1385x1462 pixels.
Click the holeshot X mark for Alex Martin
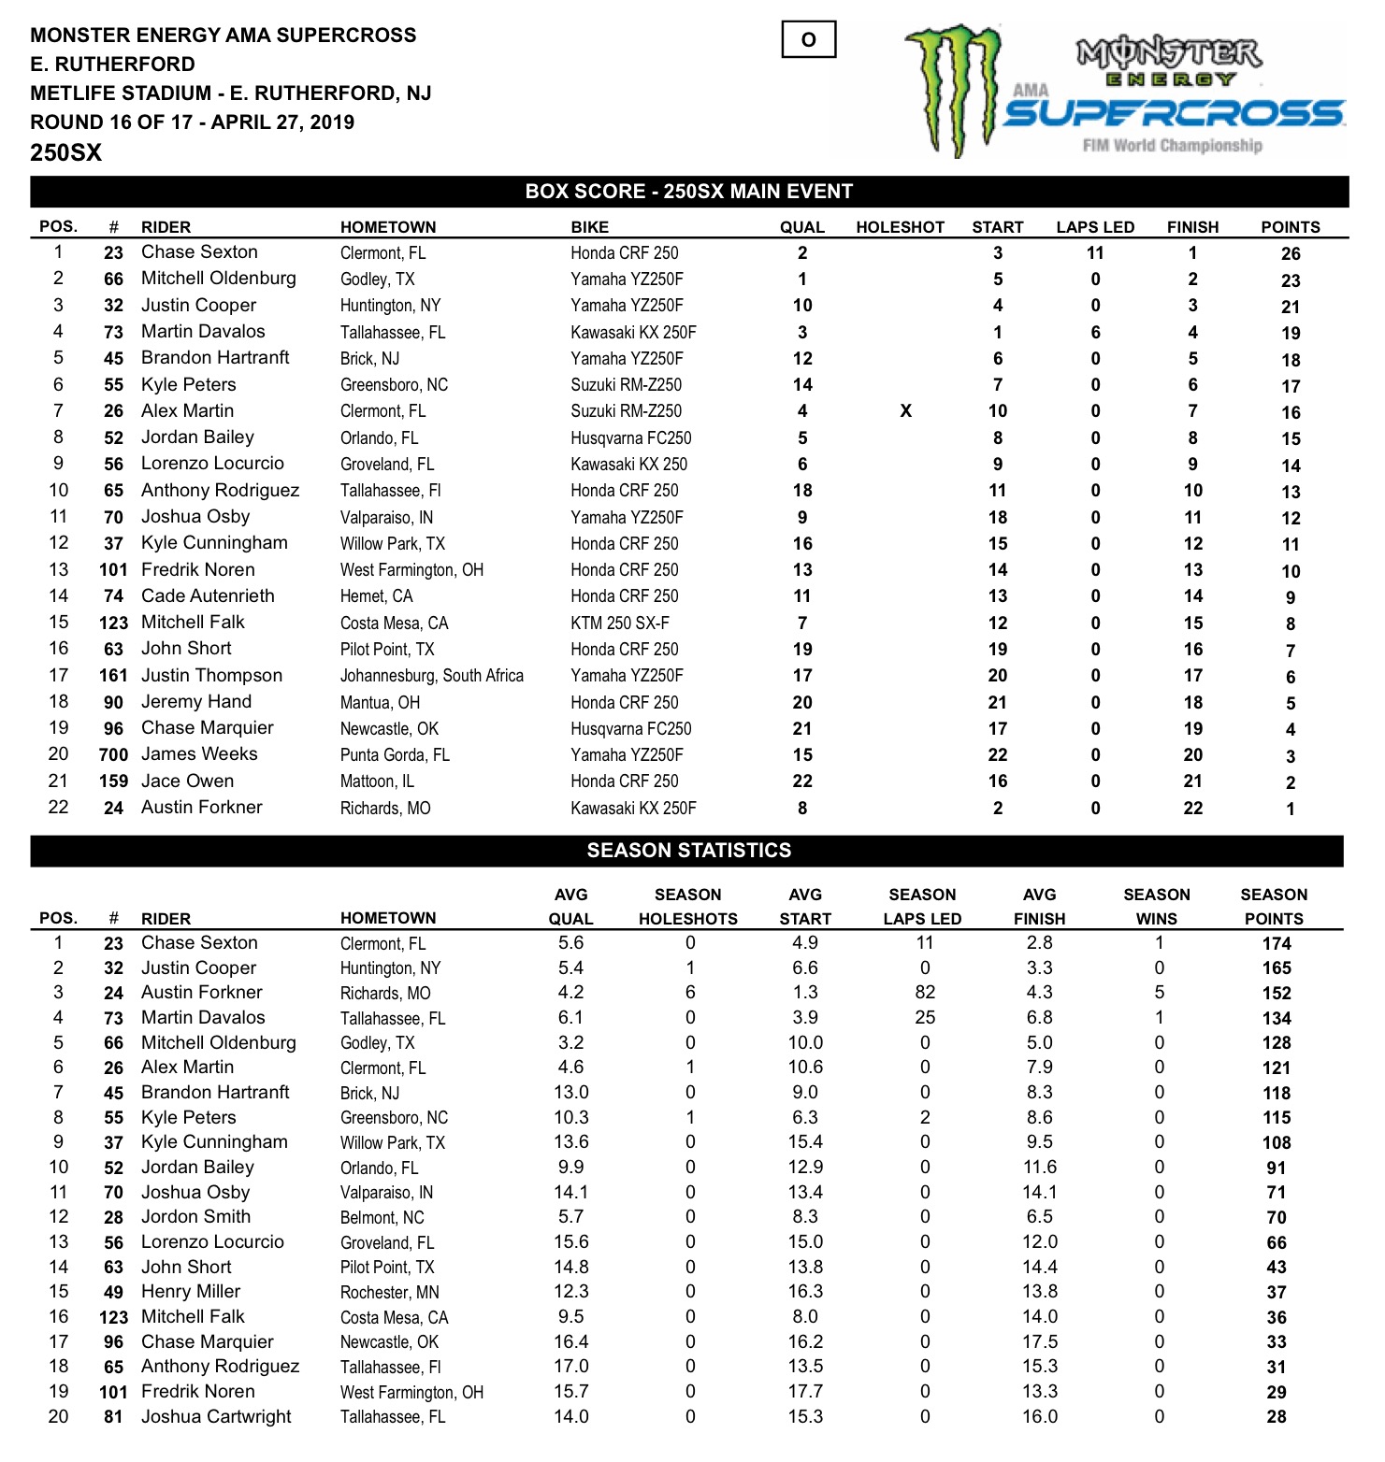[x=905, y=411]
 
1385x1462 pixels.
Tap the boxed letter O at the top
[x=809, y=40]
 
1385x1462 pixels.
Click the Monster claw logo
[x=953, y=89]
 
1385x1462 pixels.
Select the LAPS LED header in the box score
[x=1095, y=227]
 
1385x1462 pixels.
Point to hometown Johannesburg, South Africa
[x=431, y=676]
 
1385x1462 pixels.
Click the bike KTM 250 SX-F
[x=620, y=623]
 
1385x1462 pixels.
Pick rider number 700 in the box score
[x=113, y=755]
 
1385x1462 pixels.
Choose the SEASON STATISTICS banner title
[x=688, y=851]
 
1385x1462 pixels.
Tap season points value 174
[x=1277, y=944]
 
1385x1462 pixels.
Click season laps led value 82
[x=925, y=993]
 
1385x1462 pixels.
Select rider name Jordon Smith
[x=195, y=1217]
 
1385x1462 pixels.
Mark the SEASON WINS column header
[x=1157, y=907]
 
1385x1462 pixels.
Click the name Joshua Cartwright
[x=216, y=1417]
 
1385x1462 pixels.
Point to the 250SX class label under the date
[x=65, y=153]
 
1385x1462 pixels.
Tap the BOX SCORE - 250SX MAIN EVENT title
[x=688, y=192]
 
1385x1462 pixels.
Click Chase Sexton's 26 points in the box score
[x=1291, y=254]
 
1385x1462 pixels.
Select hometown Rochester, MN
[x=389, y=1293]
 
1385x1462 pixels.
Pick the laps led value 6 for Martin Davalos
[x=1095, y=333]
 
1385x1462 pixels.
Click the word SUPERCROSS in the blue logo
[x=1174, y=114]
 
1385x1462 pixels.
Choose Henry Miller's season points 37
[x=1277, y=1293]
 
